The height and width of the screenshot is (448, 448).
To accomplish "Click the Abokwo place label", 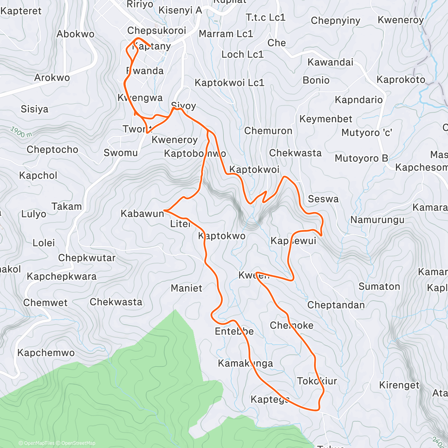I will click(75, 34).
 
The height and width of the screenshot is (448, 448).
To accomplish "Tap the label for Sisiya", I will click(34, 109).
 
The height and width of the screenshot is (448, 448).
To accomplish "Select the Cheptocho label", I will click(52, 150).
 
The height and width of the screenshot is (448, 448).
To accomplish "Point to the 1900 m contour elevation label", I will click(21, 132).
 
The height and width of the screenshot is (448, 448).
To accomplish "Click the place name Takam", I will click(66, 206).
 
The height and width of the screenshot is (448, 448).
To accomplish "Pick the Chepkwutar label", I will click(87, 258).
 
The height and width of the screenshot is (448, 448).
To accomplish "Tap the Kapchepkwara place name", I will click(62, 277).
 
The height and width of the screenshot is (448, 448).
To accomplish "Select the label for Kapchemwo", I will click(46, 353).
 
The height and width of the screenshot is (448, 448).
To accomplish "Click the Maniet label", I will click(186, 288).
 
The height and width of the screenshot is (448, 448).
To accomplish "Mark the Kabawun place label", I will click(142, 214).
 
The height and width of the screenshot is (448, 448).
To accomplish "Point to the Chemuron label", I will click(268, 131).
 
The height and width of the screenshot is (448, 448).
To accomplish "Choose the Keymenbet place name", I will click(326, 119).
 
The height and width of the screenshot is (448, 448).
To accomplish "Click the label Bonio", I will click(316, 80).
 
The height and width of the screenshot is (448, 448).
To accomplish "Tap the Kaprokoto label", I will click(401, 80).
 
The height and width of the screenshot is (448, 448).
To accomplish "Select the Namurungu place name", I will click(377, 220).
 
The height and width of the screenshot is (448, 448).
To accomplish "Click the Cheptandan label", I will click(336, 305).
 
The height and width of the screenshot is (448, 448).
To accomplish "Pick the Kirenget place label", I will click(399, 385).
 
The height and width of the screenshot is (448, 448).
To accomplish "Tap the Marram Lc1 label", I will click(225, 34).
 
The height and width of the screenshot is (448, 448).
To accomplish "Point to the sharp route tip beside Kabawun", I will click(165, 211).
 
